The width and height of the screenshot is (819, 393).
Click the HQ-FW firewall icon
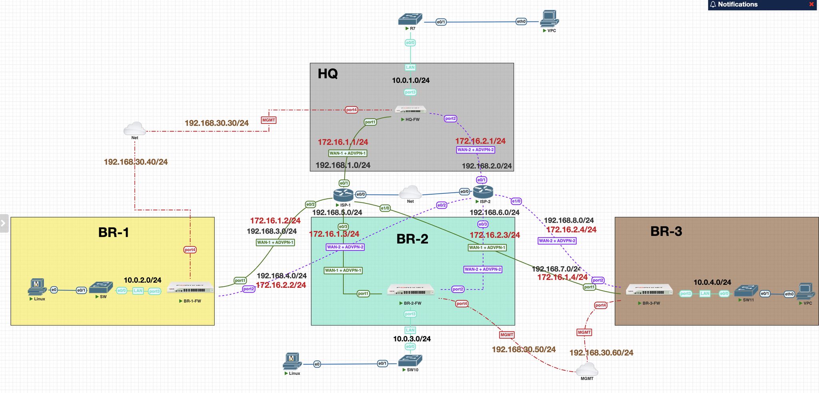(410, 110)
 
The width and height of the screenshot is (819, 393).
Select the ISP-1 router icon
(343, 195)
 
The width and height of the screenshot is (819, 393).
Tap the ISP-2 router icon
(483, 192)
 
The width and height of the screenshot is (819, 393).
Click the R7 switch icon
(410, 19)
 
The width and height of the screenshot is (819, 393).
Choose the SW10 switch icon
(410, 361)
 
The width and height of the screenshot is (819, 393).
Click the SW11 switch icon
(746, 291)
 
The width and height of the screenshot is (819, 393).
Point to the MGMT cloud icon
(587, 369)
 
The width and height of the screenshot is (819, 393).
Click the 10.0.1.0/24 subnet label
(411, 80)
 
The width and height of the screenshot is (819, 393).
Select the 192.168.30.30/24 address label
(216, 123)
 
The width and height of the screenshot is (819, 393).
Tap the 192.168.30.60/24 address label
(601, 353)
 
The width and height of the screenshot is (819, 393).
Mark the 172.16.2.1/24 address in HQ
(480, 141)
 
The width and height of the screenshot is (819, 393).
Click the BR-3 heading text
(666, 231)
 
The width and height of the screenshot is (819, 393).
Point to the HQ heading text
(328, 74)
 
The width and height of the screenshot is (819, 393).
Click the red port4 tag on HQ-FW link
(351, 110)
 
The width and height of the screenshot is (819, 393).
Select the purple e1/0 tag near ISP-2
(516, 201)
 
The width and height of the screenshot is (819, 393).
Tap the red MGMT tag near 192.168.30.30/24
(268, 120)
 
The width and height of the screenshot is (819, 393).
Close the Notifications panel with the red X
(811, 4)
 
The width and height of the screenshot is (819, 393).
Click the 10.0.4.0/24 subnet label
(712, 282)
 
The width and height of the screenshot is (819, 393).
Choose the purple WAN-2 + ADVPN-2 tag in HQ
(475, 150)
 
